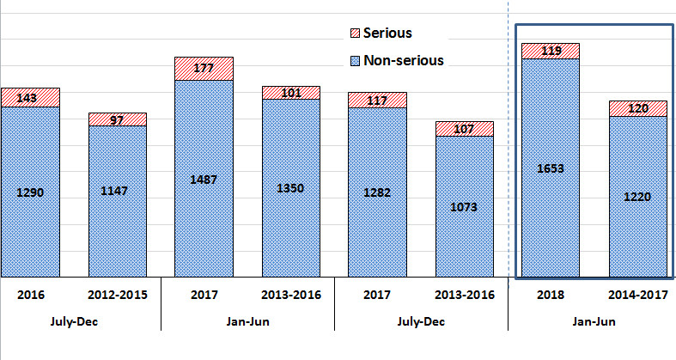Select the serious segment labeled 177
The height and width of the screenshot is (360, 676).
coord(204,69)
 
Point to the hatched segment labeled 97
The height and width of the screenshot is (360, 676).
coord(118,119)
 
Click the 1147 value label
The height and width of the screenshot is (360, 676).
coord(117,191)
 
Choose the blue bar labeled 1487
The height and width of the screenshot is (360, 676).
coord(204,179)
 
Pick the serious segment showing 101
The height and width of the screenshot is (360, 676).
coord(291,93)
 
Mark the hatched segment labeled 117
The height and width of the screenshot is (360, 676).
coord(377,100)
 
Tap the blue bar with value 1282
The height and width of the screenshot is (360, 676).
coord(377,192)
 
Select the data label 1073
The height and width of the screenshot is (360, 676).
coord(464,206)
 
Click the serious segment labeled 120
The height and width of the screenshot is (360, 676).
coord(638,108)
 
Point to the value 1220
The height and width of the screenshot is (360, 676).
coord(638,197)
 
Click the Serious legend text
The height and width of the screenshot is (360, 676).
coord(387,34)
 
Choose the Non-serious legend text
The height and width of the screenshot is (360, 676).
coord(403,60)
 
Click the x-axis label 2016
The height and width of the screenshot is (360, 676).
coord(29,295)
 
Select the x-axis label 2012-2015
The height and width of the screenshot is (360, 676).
coord(117,295)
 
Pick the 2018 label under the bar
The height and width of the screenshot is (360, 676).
coord(550,295)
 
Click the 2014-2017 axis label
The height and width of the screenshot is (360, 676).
coord(637,295)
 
